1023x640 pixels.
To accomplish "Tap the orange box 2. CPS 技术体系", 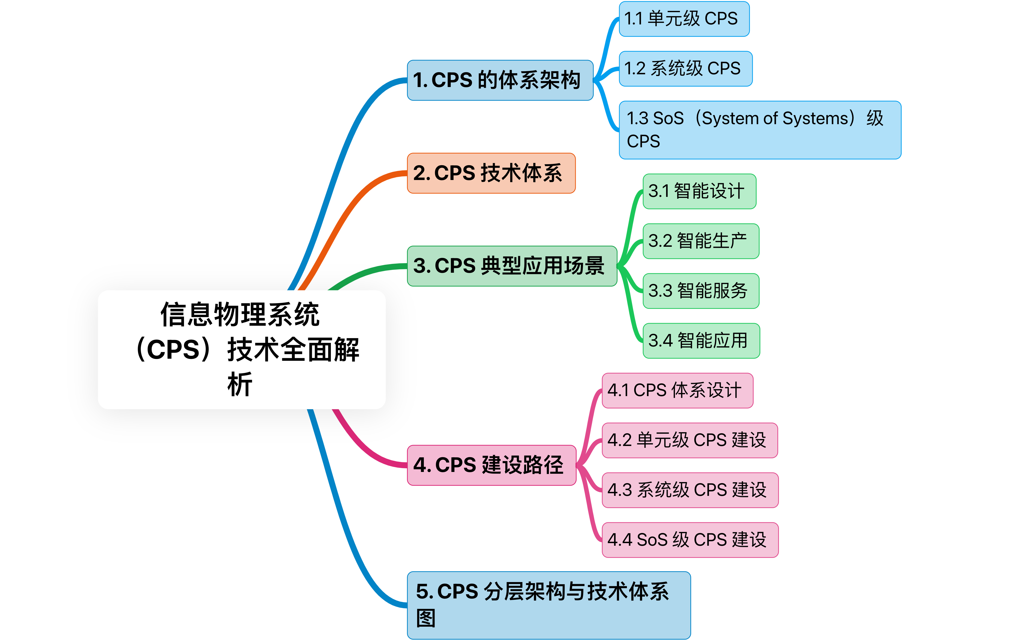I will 491,173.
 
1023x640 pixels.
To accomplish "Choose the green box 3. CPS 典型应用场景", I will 511,266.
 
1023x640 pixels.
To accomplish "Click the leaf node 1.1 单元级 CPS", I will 684,19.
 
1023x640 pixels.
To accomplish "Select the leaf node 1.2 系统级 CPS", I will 685,69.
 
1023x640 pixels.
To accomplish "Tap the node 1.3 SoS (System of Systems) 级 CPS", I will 760,130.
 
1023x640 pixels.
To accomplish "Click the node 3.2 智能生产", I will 701,241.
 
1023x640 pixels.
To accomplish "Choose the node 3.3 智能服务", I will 701,291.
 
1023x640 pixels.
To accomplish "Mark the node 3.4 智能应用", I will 701,341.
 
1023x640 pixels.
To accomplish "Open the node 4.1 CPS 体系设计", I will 677,390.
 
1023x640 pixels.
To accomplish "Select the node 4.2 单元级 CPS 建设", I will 689,440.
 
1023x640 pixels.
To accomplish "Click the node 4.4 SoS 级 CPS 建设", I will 690,540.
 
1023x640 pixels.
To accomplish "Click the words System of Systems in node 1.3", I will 775,118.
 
